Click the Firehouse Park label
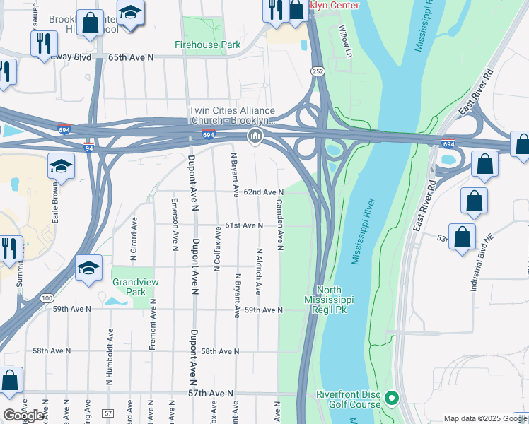click(x=208, y=45)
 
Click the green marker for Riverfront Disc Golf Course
click(x=390, y=401)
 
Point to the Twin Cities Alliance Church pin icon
click(x=255, y=136)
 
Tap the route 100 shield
click(x=47, y=299)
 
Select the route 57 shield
click(x=107, y=413)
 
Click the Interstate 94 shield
click(x=89, y=148)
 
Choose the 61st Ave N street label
click(x=244, y=225)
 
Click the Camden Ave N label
click(x=280, y=225)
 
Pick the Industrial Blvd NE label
click(x=477, y=268)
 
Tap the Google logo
click(x=24, y=416)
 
